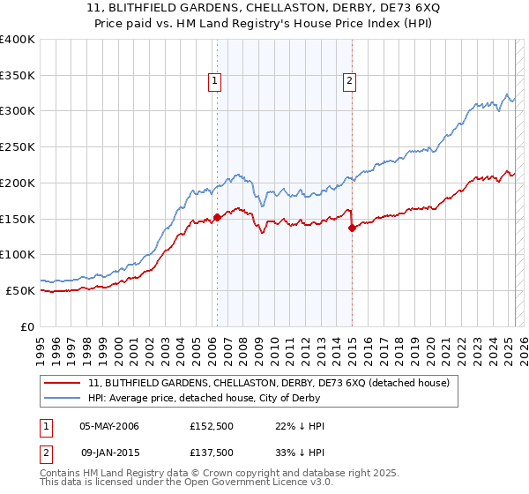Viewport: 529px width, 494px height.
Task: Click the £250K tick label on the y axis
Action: (18, 146)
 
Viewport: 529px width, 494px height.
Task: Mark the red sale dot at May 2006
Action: (217, 217)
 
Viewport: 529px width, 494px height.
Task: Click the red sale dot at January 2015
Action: (352, 228)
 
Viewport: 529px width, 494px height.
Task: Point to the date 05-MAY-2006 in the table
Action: (109, 426)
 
